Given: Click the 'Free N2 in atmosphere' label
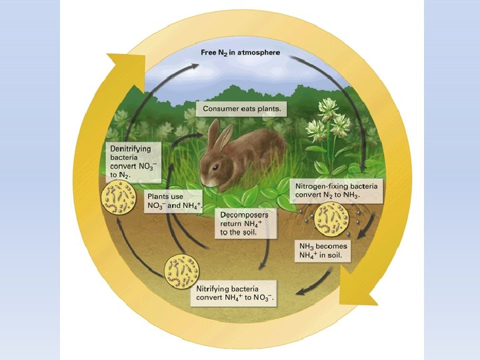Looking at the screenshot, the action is (x=241, y=52).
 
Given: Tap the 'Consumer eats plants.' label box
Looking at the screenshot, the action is (x=241, y=108).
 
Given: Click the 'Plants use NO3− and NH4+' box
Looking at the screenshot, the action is (x=174, y=201).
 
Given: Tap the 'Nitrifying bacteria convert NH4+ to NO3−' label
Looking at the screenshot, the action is (x=235, y=292).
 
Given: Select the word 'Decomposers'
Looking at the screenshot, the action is (x=245, y=215).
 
